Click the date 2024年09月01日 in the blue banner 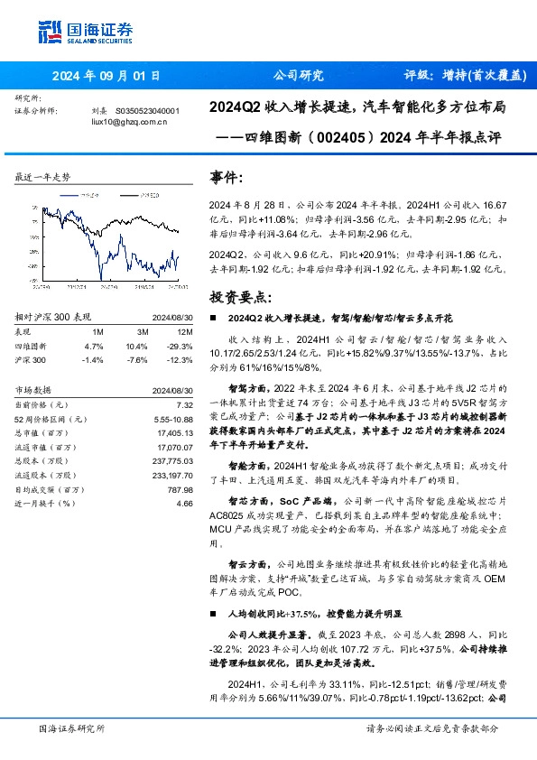[x=105, y=76]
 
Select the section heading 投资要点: [x=238, y=296]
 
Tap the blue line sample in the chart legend [x=69, y=193]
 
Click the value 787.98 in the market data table [x=181, y=491]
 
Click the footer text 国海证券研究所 [x=71, y=728]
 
